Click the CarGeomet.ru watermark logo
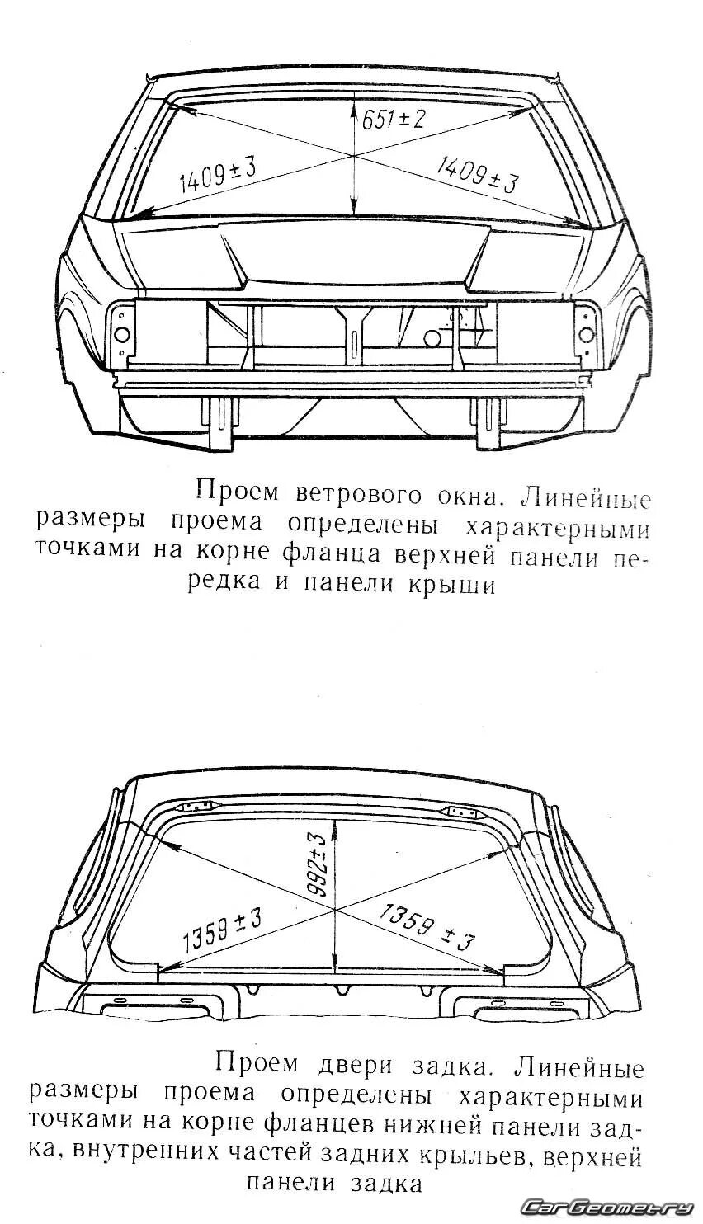click(609, 1207)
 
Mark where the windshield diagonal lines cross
click(353, 156)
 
